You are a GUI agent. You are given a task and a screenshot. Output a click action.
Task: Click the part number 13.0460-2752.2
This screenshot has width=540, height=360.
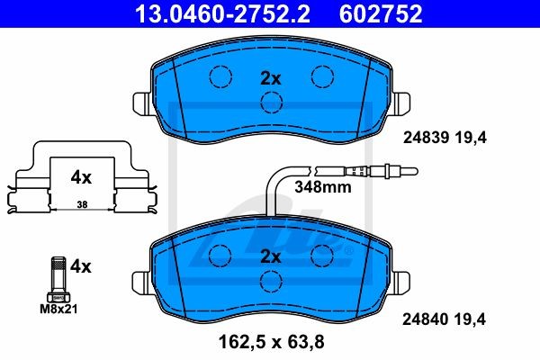coord(222,13)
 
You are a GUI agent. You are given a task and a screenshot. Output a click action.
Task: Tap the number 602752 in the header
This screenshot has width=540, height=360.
coord(381,13)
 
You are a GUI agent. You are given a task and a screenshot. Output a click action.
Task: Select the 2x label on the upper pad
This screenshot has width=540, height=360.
coord(271,79)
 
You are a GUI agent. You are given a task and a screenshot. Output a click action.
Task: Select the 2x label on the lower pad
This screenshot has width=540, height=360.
coord(271,256)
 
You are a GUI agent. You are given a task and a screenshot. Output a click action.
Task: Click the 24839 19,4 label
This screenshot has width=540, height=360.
coord(445,138)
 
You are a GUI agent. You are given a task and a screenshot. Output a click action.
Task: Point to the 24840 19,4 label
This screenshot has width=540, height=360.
coord(444,319)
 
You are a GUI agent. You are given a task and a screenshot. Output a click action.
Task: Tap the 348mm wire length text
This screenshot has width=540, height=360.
coord(323,187)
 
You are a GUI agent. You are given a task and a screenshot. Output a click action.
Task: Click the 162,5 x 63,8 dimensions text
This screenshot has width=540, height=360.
coord(272,342)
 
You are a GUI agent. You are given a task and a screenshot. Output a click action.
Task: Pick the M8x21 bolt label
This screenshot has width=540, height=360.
coord(58,309)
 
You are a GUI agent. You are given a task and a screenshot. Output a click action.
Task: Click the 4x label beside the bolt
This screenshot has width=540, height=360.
coord(81,266)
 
